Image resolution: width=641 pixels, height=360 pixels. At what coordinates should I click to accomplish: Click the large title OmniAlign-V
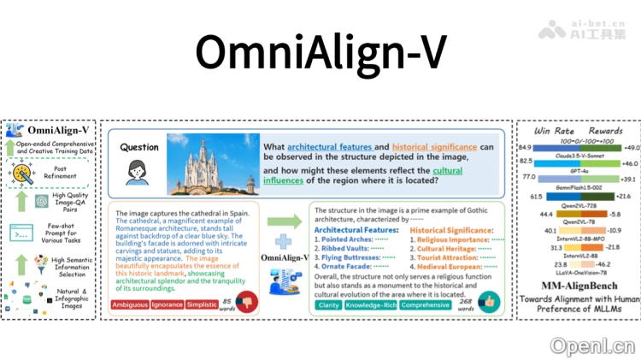point(320,52)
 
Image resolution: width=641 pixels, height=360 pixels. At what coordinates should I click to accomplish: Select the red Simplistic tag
point(202,304)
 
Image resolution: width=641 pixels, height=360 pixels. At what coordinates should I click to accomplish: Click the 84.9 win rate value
point(526,148)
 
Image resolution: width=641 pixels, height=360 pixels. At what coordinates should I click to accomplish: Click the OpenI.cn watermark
point(592,345)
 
